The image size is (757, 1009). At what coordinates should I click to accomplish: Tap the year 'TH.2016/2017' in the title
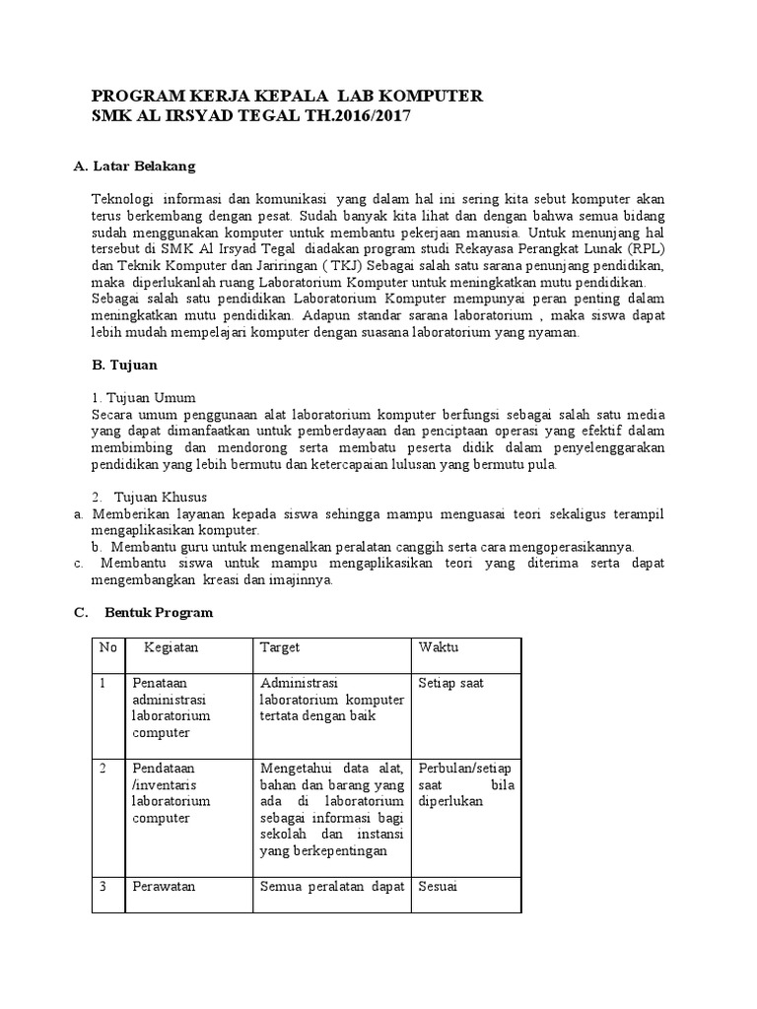[x=358, y=116]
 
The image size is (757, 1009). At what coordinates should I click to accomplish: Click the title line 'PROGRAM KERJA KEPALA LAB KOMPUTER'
[x=287, y=97]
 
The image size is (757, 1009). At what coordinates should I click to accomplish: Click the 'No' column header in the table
[x=107, y=647]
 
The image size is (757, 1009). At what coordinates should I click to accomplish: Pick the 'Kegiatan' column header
[x=172, y=647]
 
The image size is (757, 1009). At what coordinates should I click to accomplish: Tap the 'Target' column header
[x=280, y=647]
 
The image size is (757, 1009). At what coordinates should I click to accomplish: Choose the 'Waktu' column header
[x=439, y=647]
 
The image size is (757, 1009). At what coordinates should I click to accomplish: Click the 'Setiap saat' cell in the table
[x=450, y=683]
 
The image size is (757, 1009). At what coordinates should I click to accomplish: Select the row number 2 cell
[x=104, y=768]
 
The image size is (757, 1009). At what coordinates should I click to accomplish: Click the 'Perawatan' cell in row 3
[x=164, y=886]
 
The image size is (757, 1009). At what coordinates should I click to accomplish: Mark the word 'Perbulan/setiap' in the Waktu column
[x=464, y=768]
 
